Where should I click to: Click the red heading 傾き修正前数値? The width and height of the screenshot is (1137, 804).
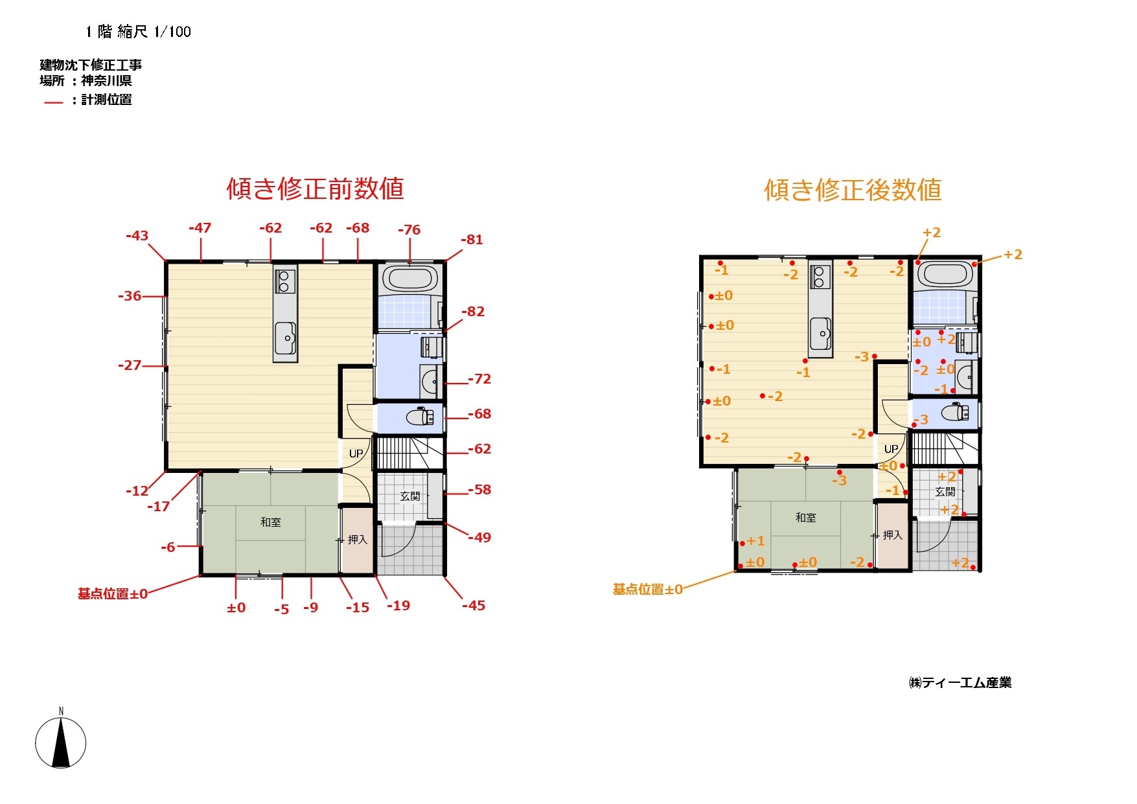click(x=315, y=189)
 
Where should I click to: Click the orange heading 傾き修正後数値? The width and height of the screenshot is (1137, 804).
click(x=853, y=190)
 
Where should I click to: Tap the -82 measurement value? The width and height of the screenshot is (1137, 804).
click(x=473, y=311)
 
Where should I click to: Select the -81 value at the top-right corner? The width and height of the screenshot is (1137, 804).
click(x=472, y=239)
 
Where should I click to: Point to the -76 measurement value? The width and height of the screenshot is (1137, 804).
click(x=409, y=229)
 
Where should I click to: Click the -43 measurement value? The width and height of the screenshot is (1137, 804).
click(x=137, y=235)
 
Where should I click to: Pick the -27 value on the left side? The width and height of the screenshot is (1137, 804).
click(x=130, y=365)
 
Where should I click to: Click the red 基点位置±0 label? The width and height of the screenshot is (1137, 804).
click(x=113, y=593)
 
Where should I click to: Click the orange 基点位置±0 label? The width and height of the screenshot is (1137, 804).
click(x=648, y=589)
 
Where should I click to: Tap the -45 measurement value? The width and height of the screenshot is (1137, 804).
click(x=474, y=605)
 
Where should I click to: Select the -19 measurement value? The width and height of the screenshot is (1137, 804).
click(x=398, y=605)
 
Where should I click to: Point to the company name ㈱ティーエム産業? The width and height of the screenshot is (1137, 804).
click(x=960, y=682)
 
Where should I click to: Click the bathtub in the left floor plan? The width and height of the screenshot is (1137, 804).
click(x=409, y=279)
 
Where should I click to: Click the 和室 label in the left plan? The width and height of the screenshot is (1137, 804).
click(x=270, y=522)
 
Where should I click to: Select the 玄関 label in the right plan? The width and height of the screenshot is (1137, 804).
click(x=945, y=491)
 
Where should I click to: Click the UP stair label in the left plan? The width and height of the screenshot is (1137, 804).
click(x=356, y=454)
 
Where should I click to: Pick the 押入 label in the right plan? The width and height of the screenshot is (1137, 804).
click(x=892, y=534)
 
